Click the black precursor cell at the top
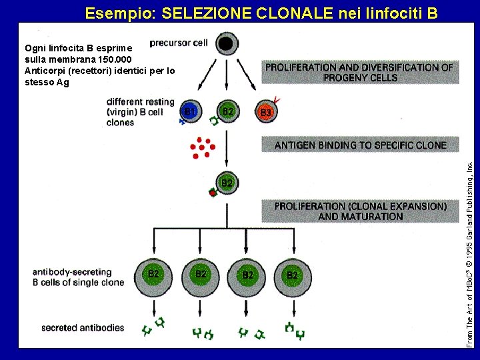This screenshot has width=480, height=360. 226,45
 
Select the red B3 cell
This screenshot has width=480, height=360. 265,113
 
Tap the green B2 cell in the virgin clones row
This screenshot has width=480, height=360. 227,112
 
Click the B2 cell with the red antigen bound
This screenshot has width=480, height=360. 227,182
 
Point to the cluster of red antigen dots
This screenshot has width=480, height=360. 201,147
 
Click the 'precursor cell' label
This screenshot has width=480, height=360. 179,43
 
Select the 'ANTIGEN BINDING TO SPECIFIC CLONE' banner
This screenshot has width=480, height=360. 360,145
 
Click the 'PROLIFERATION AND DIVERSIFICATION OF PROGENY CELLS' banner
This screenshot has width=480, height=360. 360,72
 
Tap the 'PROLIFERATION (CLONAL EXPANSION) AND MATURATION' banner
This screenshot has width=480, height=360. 360,211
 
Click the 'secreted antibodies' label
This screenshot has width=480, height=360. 83,327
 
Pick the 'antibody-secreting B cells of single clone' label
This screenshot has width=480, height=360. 79,277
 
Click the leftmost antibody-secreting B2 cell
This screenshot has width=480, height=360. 153,273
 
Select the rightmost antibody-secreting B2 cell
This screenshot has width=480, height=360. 291,274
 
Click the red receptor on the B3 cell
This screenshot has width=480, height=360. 277,101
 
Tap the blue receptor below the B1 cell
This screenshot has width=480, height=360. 182,121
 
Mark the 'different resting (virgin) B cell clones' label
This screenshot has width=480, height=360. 140,112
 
